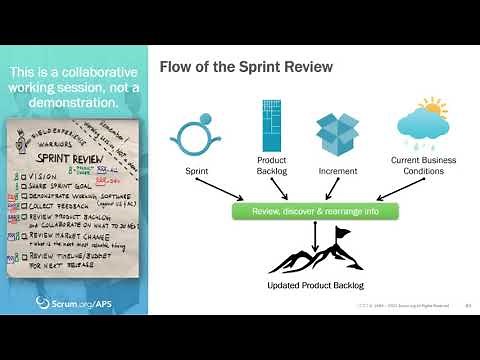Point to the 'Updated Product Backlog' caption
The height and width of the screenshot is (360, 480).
point(316,285)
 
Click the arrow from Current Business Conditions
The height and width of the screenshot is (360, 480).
point(380,192)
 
